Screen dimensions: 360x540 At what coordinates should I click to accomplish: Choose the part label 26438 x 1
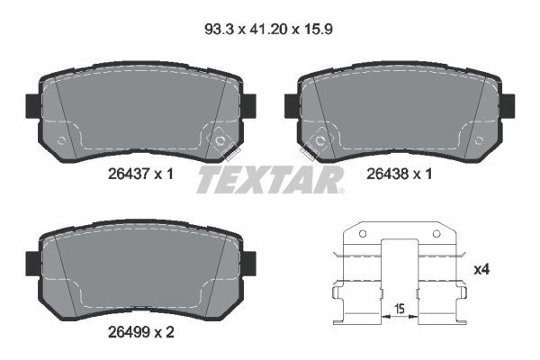pyautogui.click(x=396, y=175)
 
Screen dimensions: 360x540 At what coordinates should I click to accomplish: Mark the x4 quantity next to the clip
pyautogui.click(x=481, y=269)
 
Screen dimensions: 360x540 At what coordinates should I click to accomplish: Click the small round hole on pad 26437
pyautogui.click(x=61, y=140)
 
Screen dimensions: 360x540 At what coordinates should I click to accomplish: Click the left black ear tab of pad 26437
pyautogui.click(x=30, y=104)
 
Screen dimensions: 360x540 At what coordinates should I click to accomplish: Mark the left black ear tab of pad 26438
pyautogui.click(x=292, y=104)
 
